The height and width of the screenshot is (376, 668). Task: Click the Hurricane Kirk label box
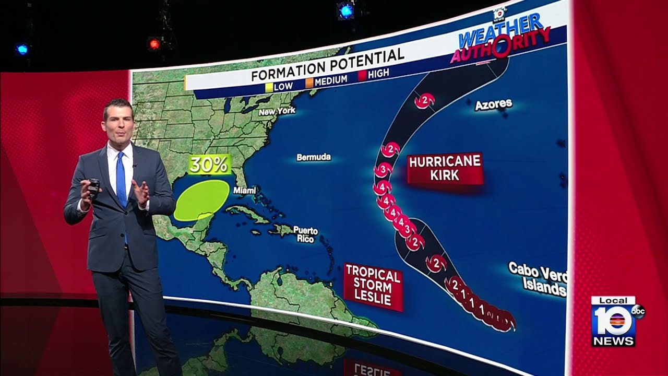coord(445,168)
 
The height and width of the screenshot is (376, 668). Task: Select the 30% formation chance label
coord(209,164)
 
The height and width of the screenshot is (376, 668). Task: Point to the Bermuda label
coord(313,157)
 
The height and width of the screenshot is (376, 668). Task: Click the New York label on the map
coord(277,111)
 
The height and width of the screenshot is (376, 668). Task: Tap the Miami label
coord(244,191)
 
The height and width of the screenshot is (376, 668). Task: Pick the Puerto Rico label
coord(305,234)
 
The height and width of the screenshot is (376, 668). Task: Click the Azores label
coord(493,104)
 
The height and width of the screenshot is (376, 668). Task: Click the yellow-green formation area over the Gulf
coord(201,199)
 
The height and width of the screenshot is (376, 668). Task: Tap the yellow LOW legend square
coord(269,87)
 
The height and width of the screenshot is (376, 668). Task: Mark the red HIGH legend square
coord(362,76)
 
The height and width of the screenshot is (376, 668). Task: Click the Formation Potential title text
coord(327,65)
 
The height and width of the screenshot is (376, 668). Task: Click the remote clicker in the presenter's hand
coord(93,187)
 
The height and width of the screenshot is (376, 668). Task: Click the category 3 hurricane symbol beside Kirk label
coord(384,170)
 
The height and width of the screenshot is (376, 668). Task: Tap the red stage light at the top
coord(154,44)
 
